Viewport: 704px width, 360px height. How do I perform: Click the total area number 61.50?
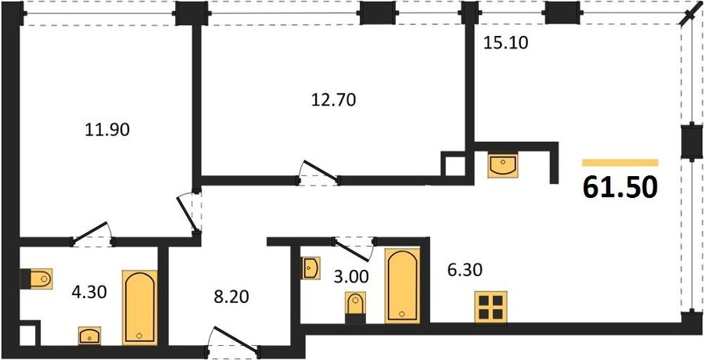click(620, 187)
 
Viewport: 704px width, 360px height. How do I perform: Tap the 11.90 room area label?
click(107, 130)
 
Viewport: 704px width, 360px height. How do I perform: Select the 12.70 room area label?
click(333, 99)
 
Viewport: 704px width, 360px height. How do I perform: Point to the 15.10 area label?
click(506, 43)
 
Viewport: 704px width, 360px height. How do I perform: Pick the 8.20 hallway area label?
click(231, 297)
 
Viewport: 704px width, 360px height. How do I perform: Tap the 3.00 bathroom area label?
click(351, 276)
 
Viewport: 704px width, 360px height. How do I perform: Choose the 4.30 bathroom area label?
click(89, 292)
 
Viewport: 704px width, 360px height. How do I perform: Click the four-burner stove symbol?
click(490, 307)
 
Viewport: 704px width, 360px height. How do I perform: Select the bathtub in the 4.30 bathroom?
click(140, 308)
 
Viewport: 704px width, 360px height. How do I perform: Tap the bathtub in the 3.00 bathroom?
click(402, 286)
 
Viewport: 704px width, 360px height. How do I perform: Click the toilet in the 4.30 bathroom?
click(37, 279)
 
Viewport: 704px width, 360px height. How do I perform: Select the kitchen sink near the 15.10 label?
click(503, 165)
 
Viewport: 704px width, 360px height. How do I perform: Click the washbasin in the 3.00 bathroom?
click(311, 268)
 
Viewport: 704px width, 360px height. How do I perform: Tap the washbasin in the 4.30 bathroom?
click(90, 335)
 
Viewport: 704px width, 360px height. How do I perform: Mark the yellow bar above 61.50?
click(620, 163)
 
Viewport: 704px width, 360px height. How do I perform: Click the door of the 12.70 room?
click(319, 173)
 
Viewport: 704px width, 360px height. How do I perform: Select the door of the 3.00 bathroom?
click(354, 250)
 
